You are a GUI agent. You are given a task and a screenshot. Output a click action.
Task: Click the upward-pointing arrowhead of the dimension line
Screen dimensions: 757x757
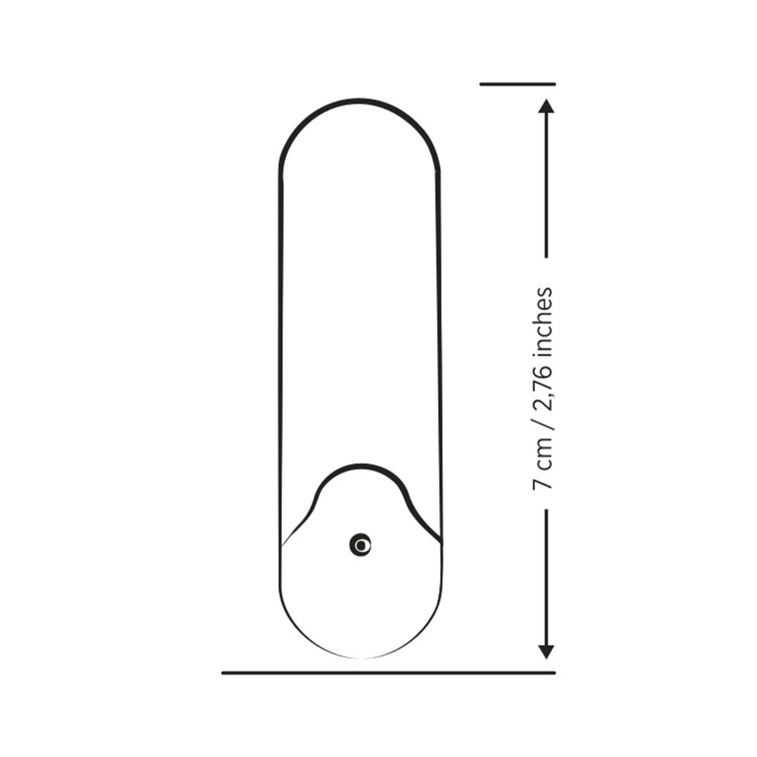546,106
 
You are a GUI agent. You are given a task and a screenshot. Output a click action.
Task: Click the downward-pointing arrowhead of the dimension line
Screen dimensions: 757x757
546,652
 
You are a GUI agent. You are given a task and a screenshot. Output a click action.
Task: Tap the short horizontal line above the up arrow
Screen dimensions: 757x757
517,84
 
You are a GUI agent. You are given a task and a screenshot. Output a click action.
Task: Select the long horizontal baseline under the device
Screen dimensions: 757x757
389,673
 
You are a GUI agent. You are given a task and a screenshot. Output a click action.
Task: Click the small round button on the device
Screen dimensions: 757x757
360,545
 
